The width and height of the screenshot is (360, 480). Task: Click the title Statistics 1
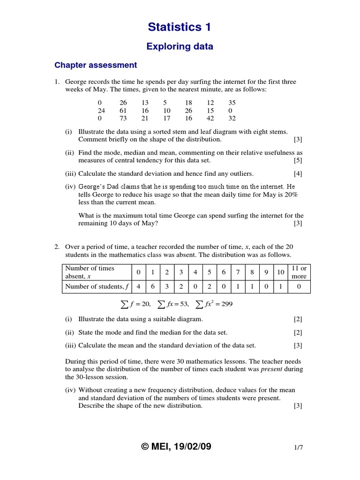point(180,28)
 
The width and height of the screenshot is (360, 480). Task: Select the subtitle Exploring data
point(180,46)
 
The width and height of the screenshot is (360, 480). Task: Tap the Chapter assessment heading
point(96,65)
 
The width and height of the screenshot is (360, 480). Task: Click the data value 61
point(123,110)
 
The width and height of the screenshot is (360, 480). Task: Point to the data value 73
point(123,119)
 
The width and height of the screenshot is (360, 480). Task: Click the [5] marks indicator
point(298,160)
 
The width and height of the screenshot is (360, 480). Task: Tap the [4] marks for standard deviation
point(298,173)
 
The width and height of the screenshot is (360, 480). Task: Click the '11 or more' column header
point(299,272)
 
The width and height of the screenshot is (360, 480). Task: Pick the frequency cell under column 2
point(166,287)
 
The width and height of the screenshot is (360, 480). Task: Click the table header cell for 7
point(238,272)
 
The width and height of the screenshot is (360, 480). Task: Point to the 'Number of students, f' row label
point(97,287)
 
